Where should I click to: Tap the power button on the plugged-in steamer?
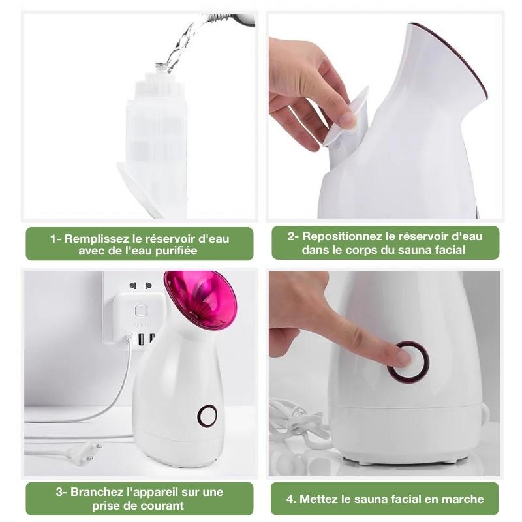(207, 416)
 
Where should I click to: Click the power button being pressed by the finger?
(408, 362)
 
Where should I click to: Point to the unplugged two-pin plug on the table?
(84, 453)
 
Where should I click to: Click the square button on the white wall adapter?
(141, 311)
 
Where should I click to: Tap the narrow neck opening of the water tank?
(161, 67)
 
